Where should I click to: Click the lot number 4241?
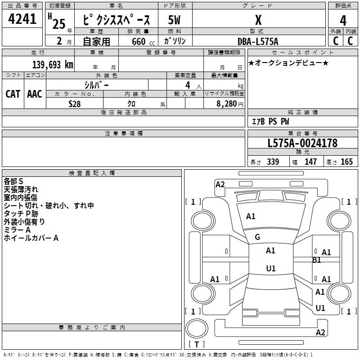(x=22, y=20)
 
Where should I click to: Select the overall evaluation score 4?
(x=343, y=21)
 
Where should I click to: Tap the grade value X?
(x=258, y=20)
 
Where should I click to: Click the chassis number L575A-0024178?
(x=302, y=143)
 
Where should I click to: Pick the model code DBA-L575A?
(x=258, y=41)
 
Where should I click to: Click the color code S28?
(x=75, y=103)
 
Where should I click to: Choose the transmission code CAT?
(x=13, y=94)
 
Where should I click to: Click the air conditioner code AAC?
(x=35, y=94)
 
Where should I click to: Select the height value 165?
(x=346, y=162)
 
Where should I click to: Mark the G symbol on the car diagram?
(x=257, y=237)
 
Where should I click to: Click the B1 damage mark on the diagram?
(x=317, y=260)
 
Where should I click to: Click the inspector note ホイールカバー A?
(x=31, y=238)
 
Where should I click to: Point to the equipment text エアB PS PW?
(x=270, y=121)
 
